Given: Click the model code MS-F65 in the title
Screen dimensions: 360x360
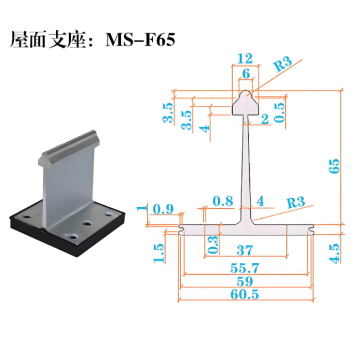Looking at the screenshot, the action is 140,39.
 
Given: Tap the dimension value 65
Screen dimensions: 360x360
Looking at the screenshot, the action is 334,166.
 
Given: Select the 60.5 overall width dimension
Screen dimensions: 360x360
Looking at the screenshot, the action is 244,294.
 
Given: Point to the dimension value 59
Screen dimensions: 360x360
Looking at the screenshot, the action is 245,281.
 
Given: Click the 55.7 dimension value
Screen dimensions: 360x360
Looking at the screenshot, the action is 244,268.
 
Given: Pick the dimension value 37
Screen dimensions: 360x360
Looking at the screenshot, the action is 245,250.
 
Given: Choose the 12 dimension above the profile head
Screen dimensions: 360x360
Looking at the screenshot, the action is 245,59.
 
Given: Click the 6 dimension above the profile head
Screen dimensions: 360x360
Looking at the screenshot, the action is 246,74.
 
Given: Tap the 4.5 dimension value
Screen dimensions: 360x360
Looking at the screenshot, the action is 334,254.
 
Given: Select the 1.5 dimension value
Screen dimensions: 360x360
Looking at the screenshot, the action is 159,253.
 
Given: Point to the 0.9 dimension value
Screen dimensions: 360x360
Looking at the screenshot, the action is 163,209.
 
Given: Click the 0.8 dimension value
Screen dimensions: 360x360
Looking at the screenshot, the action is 223,201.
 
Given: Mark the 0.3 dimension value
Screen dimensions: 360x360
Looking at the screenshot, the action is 213,245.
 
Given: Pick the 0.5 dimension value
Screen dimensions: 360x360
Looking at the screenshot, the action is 280,112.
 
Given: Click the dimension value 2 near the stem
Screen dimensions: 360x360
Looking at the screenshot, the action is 265,119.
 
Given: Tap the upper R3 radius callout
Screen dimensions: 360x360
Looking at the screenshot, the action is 282,64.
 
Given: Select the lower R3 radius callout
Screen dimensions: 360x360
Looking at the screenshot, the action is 296,202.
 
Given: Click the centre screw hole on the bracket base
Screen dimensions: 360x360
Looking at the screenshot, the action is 88,223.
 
